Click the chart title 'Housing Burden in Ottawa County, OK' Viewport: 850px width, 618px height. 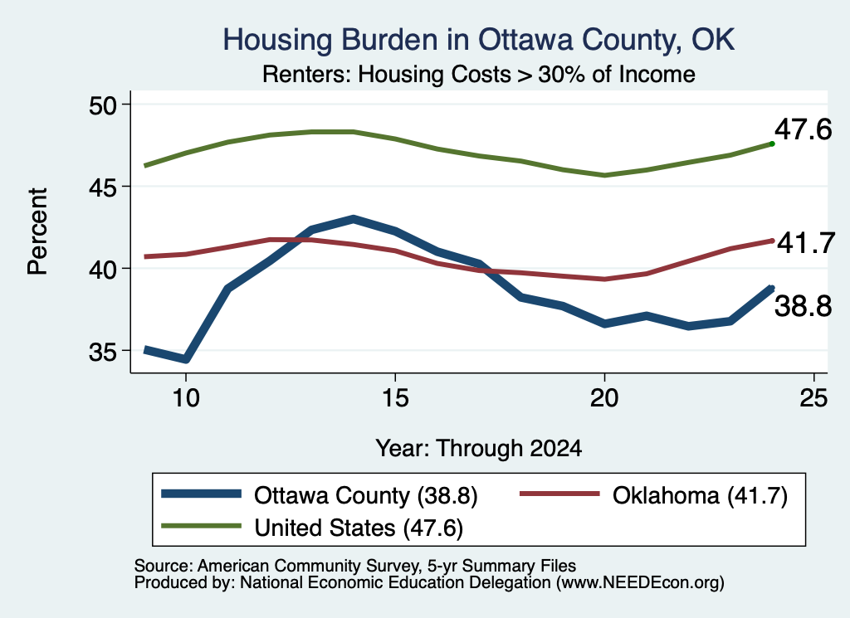[x=479, y=41]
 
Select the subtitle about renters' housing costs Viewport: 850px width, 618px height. [x=479, y=74]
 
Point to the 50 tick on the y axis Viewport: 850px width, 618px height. [x=103, y=105]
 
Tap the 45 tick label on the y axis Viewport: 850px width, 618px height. [x=103, y=187]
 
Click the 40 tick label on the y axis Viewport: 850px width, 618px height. [x=103, y=270]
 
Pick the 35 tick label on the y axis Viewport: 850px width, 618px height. [x=103, y=353]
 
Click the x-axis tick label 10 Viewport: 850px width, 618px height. [x=186, y=398]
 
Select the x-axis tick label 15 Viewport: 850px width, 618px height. [x=395, y=398]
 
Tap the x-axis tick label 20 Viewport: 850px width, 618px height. [x=604, y=398]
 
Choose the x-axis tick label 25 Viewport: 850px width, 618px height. [x=813, y=398]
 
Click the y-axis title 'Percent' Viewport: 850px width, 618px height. [x=38, y=231]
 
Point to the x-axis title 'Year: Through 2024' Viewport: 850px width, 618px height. [x=479, y=449]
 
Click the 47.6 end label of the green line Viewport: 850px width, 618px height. [x=803, y=130]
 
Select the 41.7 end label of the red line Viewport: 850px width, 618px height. [x=806, y=243]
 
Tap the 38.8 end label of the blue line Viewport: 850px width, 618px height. [x=803, y=307]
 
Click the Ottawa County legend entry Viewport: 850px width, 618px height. [x=320, y=495]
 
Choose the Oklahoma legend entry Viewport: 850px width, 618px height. [x=654, y=495]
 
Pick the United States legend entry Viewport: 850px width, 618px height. [x=312, y=528]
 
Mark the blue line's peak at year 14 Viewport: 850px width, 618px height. [x=354, y=219]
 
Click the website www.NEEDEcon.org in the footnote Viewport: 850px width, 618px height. [x=640, y=583]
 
